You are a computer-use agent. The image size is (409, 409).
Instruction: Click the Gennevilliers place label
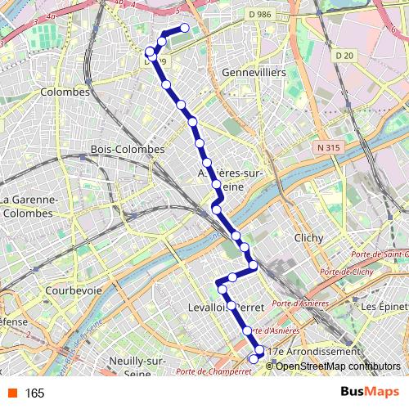(254, 73)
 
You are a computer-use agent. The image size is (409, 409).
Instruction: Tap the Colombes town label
(65, 92)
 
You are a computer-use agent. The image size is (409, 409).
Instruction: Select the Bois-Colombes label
(128, 150)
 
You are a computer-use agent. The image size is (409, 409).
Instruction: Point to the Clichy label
(308, 238)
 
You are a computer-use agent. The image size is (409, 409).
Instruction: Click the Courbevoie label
(74, 290)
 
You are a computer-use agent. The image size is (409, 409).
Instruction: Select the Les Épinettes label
(384, 307)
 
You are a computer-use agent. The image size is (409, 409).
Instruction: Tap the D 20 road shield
(344, 55)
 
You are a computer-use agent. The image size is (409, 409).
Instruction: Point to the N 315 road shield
(326, 148)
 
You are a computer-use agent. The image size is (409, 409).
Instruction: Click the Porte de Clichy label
(348, 272)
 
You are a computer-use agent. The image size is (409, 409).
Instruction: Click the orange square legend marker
(11, 393)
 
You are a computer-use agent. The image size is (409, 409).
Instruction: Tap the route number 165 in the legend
(34, 393)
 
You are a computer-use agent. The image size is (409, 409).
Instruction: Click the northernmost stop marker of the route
(184, 29)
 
